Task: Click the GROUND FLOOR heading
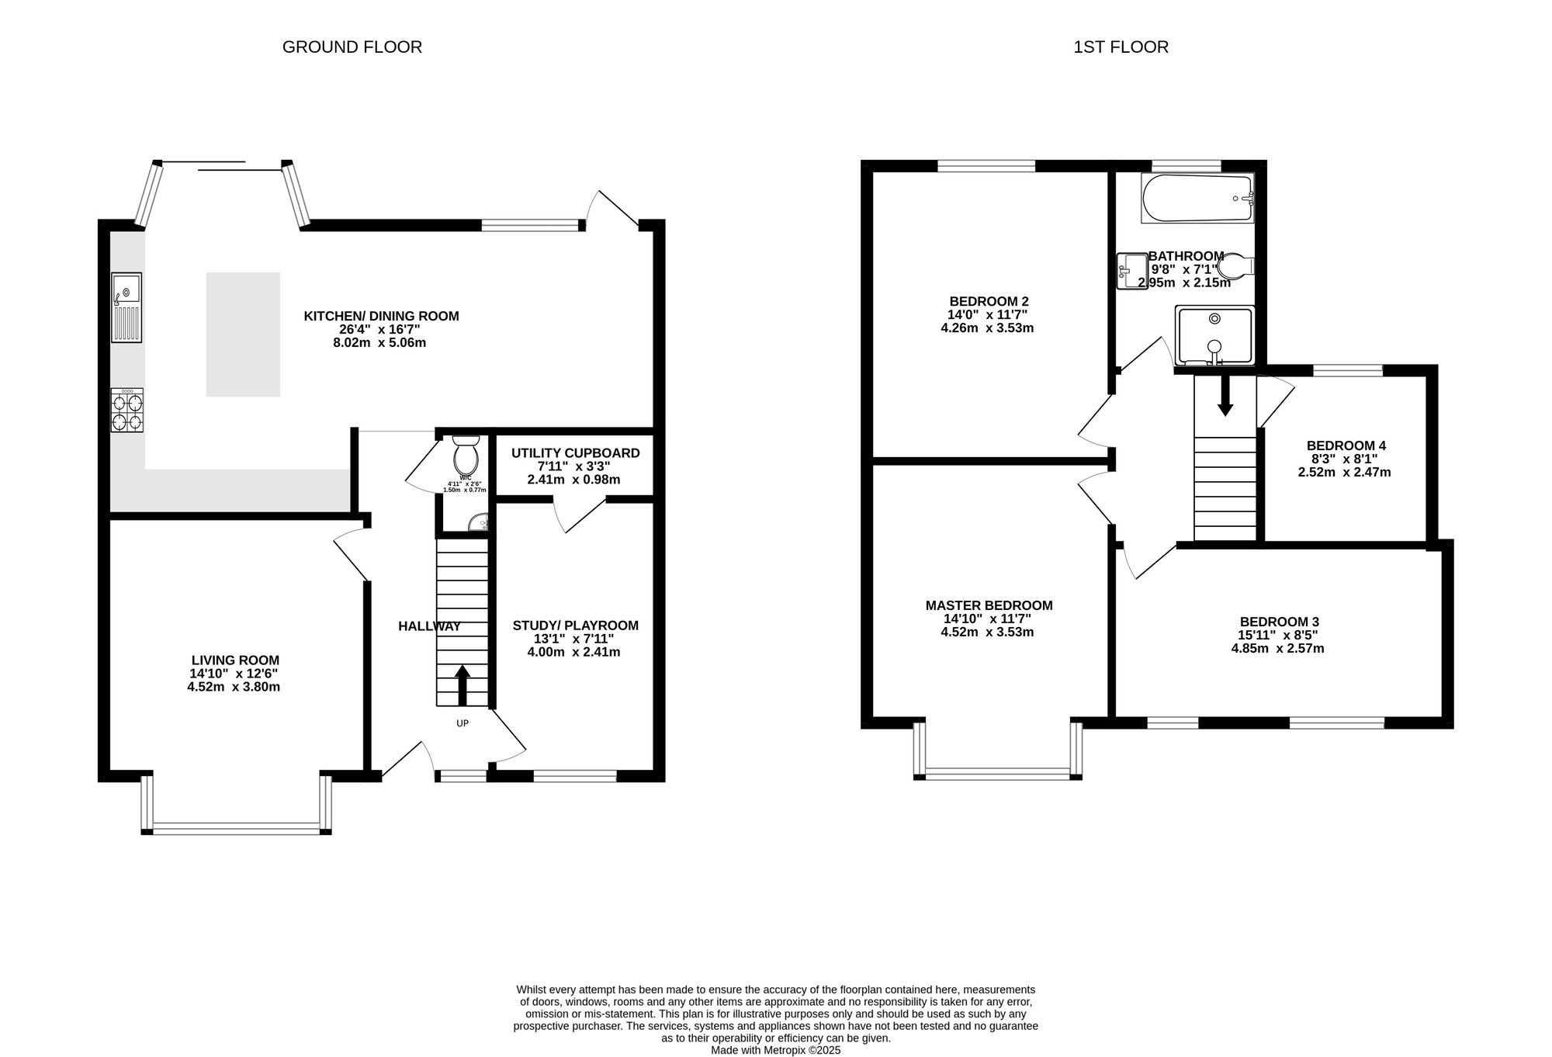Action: pos(352,47)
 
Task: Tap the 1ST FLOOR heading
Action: pos(1121,47)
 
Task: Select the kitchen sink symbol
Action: pos(126,307)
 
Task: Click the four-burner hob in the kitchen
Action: pos(127,411)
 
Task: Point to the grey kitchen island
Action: pos(243,334)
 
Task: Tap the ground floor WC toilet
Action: pos(466,456)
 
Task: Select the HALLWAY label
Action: pos(429,626)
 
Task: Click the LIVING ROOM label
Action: pos(235,660)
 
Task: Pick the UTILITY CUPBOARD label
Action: pos(576,453)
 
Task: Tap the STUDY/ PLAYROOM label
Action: pos(576,626)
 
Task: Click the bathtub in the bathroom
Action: pos(1197,198)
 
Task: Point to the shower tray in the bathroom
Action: pos(1214,335)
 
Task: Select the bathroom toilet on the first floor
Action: pos(1235,267)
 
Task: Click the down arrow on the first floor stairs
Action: pos(1225,396)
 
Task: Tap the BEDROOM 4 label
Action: pos(1346,445)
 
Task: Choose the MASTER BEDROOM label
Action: pos(989,605)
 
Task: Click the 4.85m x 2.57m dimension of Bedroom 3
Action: pos(1277,648)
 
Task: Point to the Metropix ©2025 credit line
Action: pos(776,1050)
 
